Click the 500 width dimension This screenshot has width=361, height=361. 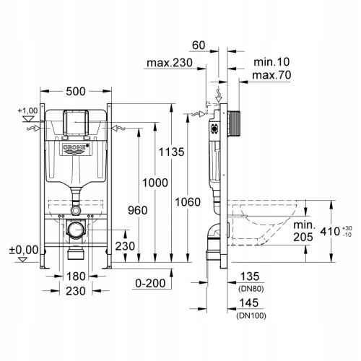click(x=76, y=92)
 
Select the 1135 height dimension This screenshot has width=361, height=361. click(x=171, y=152)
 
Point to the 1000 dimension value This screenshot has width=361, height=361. click(x=155, y=183)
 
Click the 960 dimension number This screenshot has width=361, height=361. click(x=138, y=211)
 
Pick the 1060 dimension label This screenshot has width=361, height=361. click(x=188, y=202)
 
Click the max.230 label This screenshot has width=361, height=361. click(x=170, y=63)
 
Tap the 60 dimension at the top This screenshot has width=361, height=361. click(x=199, y=45)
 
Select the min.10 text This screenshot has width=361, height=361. click(x=271, y=62)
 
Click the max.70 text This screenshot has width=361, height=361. click(x=271, y=75)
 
